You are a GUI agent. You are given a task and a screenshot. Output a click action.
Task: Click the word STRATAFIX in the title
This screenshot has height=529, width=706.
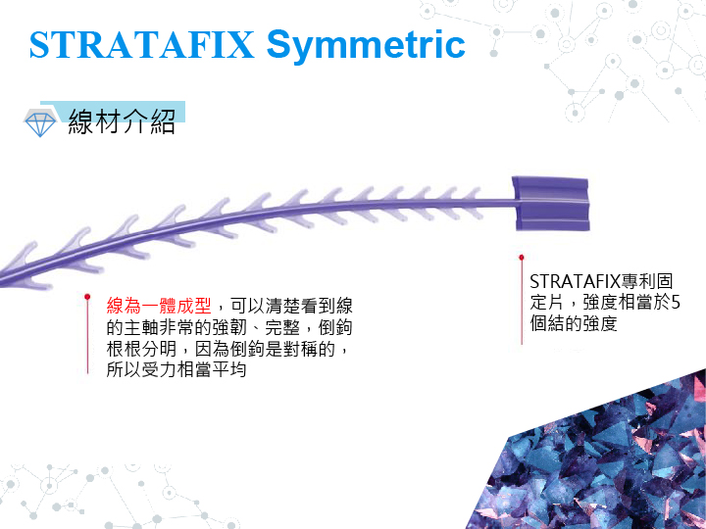pos(142,45)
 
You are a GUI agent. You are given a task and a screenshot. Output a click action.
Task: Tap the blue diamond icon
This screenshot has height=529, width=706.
pos(40,122)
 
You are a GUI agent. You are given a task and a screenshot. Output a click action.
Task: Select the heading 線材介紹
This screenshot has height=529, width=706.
pos(122,121)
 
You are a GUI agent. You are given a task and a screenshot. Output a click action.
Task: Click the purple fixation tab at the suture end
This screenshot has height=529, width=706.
pos(551,204)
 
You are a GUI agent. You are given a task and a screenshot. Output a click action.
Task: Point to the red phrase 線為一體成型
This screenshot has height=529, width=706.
pos(159,306)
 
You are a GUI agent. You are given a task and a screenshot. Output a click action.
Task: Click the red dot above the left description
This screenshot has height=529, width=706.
pos(87,297)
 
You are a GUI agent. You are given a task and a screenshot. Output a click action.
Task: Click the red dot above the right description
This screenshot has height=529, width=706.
pos(522,258)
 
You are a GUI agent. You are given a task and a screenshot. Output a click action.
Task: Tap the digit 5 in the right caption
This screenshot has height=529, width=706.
pos(675,303)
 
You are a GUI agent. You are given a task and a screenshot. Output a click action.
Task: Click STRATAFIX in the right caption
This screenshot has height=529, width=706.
pos(575,281)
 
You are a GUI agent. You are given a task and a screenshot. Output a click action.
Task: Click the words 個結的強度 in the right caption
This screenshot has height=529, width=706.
pos(574,323)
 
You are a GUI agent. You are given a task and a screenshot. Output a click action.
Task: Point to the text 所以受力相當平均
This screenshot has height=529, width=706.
pos(176,369)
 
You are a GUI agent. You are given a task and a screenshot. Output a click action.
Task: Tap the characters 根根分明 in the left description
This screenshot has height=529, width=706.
pos(141,349)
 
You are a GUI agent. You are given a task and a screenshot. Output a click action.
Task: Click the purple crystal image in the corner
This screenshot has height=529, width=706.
pos(599,455)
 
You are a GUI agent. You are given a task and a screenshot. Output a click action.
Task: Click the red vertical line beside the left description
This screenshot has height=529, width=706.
pos(87,336)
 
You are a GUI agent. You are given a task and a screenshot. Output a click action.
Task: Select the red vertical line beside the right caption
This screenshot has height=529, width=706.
pos(522,302)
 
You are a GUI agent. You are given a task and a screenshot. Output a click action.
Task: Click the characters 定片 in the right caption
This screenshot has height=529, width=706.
pos(546,303)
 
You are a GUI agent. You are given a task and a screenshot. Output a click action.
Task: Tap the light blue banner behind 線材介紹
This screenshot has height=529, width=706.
pos(113,112)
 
